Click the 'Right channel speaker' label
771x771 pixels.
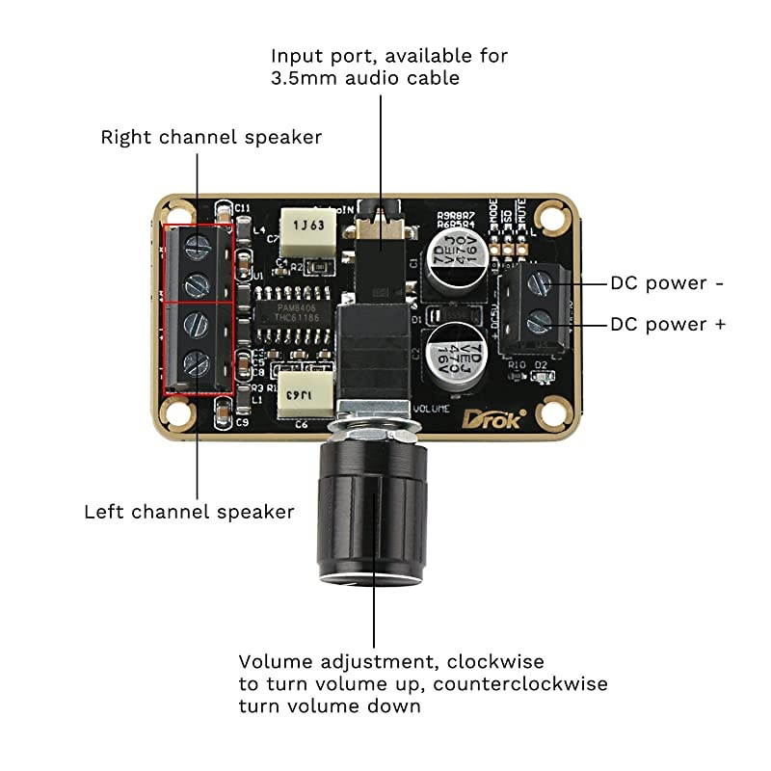coord(211,138)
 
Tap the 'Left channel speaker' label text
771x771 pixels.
coord(189,512)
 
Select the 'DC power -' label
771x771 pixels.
coord(666,283)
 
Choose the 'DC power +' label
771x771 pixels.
coord(668,325)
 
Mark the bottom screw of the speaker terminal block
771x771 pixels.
coord(197,363)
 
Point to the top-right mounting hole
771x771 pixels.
coord(550,214)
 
